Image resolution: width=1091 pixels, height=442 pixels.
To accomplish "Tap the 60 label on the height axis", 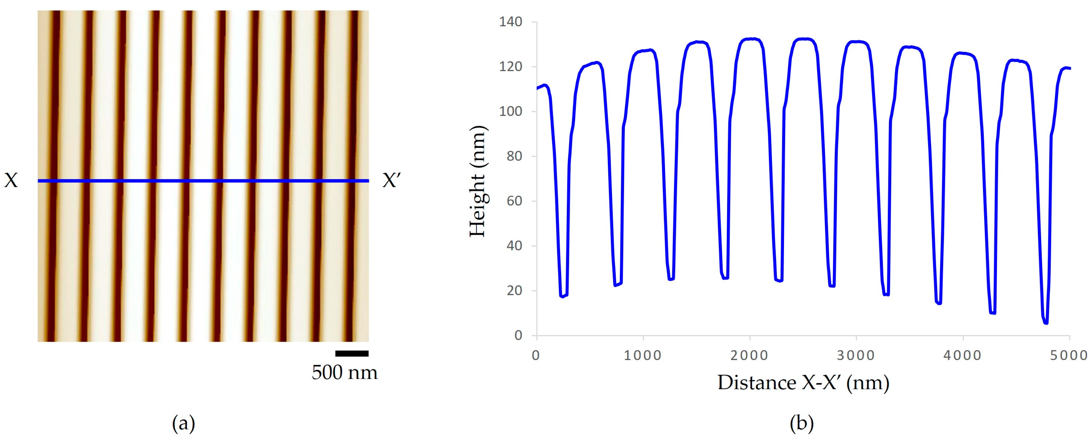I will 514,201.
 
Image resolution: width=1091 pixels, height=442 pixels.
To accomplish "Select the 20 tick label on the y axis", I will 514,291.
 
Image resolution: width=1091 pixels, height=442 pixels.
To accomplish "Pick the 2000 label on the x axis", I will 750,355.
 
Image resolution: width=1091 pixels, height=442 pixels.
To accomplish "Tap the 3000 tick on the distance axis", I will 856,355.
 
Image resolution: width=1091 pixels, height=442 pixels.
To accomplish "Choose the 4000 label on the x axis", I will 963,355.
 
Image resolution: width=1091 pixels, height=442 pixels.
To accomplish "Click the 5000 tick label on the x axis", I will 1069,355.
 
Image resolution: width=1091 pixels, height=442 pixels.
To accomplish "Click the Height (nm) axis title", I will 478,181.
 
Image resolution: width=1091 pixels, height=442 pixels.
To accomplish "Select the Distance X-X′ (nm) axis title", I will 803,383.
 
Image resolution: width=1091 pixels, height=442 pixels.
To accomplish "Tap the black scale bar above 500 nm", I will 351,353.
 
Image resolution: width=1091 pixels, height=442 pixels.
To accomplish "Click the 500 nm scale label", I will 345,372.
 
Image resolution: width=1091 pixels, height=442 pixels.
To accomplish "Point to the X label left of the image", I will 11,181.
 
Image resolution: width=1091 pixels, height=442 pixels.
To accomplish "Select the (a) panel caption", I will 183,423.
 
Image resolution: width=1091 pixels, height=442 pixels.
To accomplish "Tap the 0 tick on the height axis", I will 518,335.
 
